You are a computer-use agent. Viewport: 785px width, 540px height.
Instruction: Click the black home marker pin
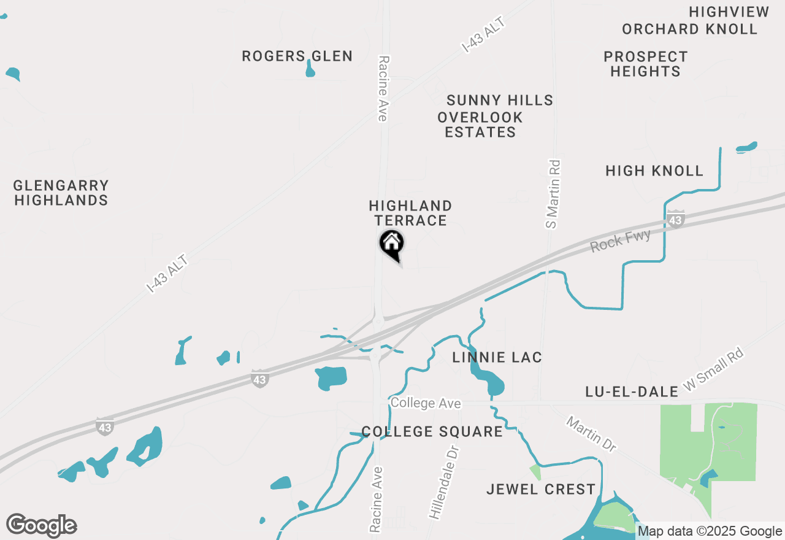point(391,244)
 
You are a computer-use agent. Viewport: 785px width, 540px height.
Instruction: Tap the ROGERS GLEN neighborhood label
point(297,56)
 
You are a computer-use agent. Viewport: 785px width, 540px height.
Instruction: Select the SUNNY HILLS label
point(500,100)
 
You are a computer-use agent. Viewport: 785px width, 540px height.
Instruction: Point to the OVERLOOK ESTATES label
point(480,125)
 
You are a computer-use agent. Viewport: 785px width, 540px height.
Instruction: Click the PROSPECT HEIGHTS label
point(645,64)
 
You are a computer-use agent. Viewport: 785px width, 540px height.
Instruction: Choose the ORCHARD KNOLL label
point(689,29)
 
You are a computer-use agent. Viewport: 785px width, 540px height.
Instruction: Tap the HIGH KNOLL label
point(654,171)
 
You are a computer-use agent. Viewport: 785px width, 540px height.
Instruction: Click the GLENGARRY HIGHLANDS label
point(61,193)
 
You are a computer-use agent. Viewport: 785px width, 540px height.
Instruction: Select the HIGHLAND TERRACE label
point(410,213)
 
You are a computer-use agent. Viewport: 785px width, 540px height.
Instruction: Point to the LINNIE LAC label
point(497,357)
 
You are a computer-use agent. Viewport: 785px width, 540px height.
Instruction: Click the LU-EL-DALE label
point(632,391)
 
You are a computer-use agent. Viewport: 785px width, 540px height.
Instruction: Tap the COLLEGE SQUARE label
point(432,431)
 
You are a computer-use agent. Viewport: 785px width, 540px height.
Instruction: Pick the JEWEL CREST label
point(541,489)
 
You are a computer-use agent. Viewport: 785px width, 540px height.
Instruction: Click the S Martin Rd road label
point(553,194)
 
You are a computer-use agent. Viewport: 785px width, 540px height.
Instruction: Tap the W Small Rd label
point(713,371)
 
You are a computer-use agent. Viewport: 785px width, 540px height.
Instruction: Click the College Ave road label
point(426,403)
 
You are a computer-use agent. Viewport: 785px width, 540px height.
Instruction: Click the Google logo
point(42,526)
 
